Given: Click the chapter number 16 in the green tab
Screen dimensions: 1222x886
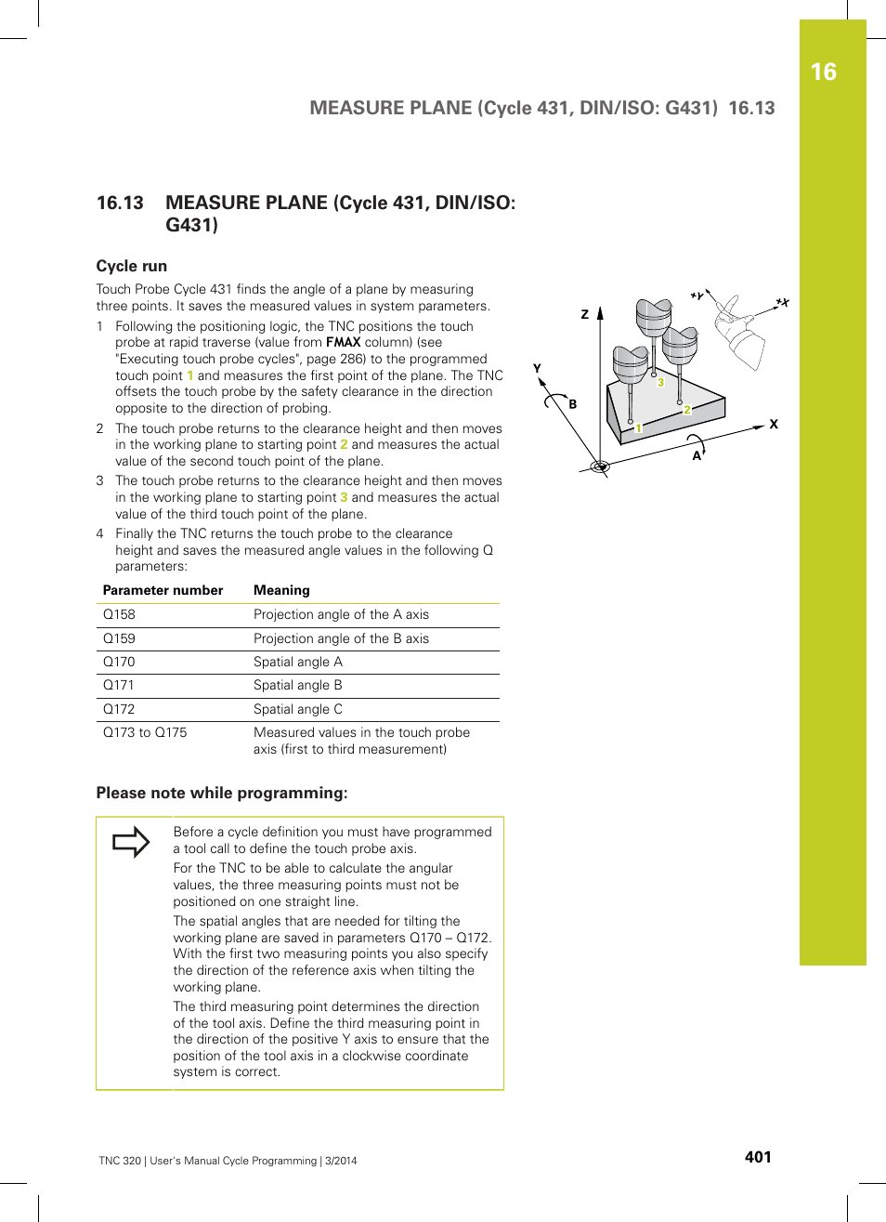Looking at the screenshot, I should pyautogui.click(x=823, y=72).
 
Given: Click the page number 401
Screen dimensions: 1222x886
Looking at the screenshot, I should pyautogui.click(x=757, y=1157).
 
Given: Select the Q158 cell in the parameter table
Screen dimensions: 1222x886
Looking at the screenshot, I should pyautogui.click(x=119, y=614).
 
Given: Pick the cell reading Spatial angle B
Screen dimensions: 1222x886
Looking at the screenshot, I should pyautogui.click(x=297, y=685).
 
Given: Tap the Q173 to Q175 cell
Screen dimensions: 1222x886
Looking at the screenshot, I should pyautogui.click(x=145, y=732).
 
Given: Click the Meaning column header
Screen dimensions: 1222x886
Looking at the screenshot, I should pyautogui.click(x=281, y=590).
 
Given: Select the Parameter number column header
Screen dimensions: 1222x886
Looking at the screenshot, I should pyautogui.click(x=163, y=590).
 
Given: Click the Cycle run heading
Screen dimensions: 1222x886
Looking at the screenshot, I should pyautogui.click(x=131, y=266).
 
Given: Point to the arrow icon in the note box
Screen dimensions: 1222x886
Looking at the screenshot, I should pyautogui.click(x=131, y=842).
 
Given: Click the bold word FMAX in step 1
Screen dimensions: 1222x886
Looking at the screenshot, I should pyautogui.click(x=343, y=342).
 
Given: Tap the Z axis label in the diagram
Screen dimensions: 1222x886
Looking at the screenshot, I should pyautogui.click(x=585, y=314).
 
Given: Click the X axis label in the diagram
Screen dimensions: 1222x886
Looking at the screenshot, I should pyautogui.click(x=774, y=424).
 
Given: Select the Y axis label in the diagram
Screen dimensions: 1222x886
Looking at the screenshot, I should pyautogui.click(x=537, y=368).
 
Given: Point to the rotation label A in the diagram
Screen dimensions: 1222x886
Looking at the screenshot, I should pyautogui.click(x=697, y=455).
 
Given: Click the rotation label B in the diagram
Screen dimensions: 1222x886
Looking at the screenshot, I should pyautogui.click(x=573, y=404).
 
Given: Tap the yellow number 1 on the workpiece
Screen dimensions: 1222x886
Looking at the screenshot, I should pyautogui.click(x=639, y=427).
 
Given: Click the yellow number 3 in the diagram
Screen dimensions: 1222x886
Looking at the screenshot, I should pyautogui.click(x=660, y=382).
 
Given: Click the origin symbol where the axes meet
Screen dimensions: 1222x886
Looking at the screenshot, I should pyautogui.click(x=600, y=466).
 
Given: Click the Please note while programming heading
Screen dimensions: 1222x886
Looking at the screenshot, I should pyautogui.click(x=222, y=793).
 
